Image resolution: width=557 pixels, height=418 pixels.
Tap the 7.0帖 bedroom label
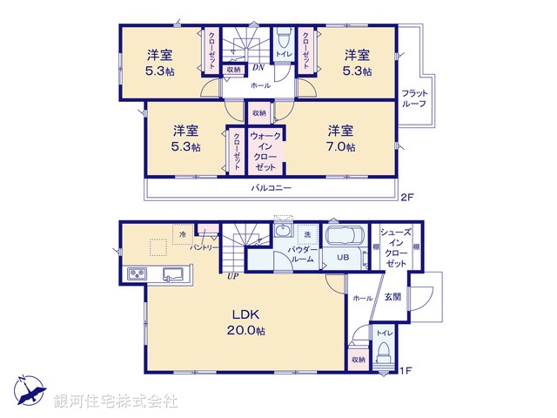point(340,138)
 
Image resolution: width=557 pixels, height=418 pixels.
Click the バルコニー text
point(272,188)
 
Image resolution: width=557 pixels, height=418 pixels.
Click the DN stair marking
point(258,68)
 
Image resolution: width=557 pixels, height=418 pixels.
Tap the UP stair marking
point(232,277)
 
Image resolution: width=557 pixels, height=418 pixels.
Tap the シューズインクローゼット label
point(396,247)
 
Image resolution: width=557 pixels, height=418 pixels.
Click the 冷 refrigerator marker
point(183,233)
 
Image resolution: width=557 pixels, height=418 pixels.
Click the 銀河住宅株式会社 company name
point(116,401)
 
